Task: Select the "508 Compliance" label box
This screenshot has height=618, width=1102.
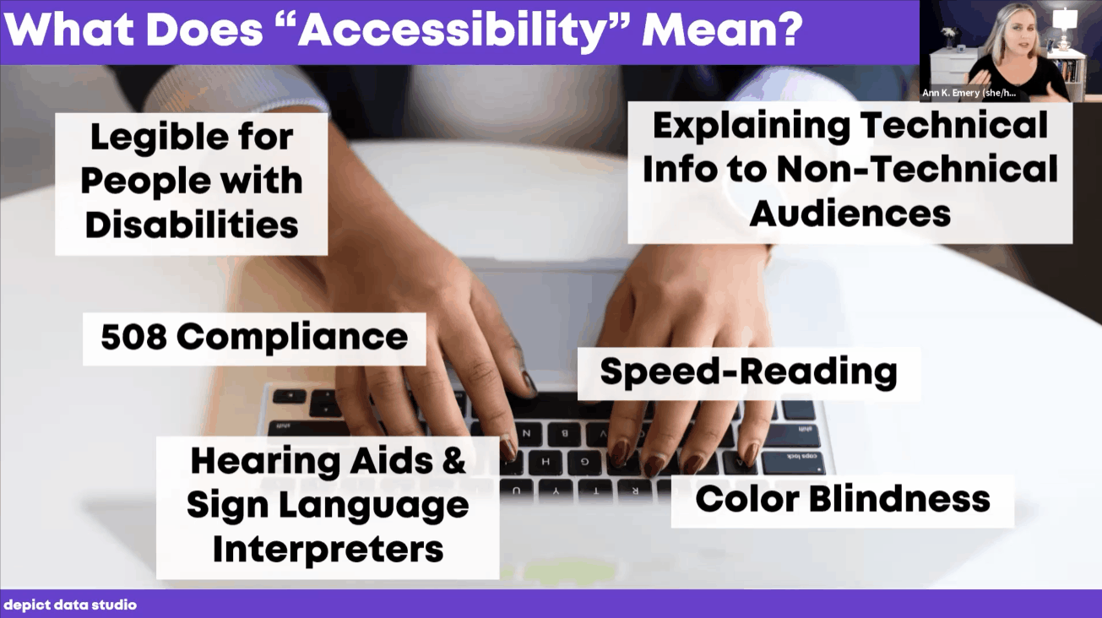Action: coord(254,339)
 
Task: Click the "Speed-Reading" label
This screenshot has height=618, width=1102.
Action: coord(749,373)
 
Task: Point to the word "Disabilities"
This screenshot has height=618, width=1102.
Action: coord(192,225)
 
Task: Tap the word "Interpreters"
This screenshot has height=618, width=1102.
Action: coord(328,549)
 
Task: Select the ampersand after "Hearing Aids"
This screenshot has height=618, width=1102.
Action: coord(453,460)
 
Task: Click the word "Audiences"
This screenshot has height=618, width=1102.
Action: coord(850,214)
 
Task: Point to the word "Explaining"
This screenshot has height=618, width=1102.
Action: coord(752,127)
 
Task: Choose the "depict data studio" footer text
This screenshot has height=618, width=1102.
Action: coord(70,604)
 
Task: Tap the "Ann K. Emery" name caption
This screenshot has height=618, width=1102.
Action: coord(969,93)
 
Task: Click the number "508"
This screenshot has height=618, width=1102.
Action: coord(133,337)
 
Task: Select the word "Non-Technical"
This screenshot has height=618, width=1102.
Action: coord(918,170)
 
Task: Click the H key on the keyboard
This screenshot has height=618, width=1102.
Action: coord(546,462)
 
